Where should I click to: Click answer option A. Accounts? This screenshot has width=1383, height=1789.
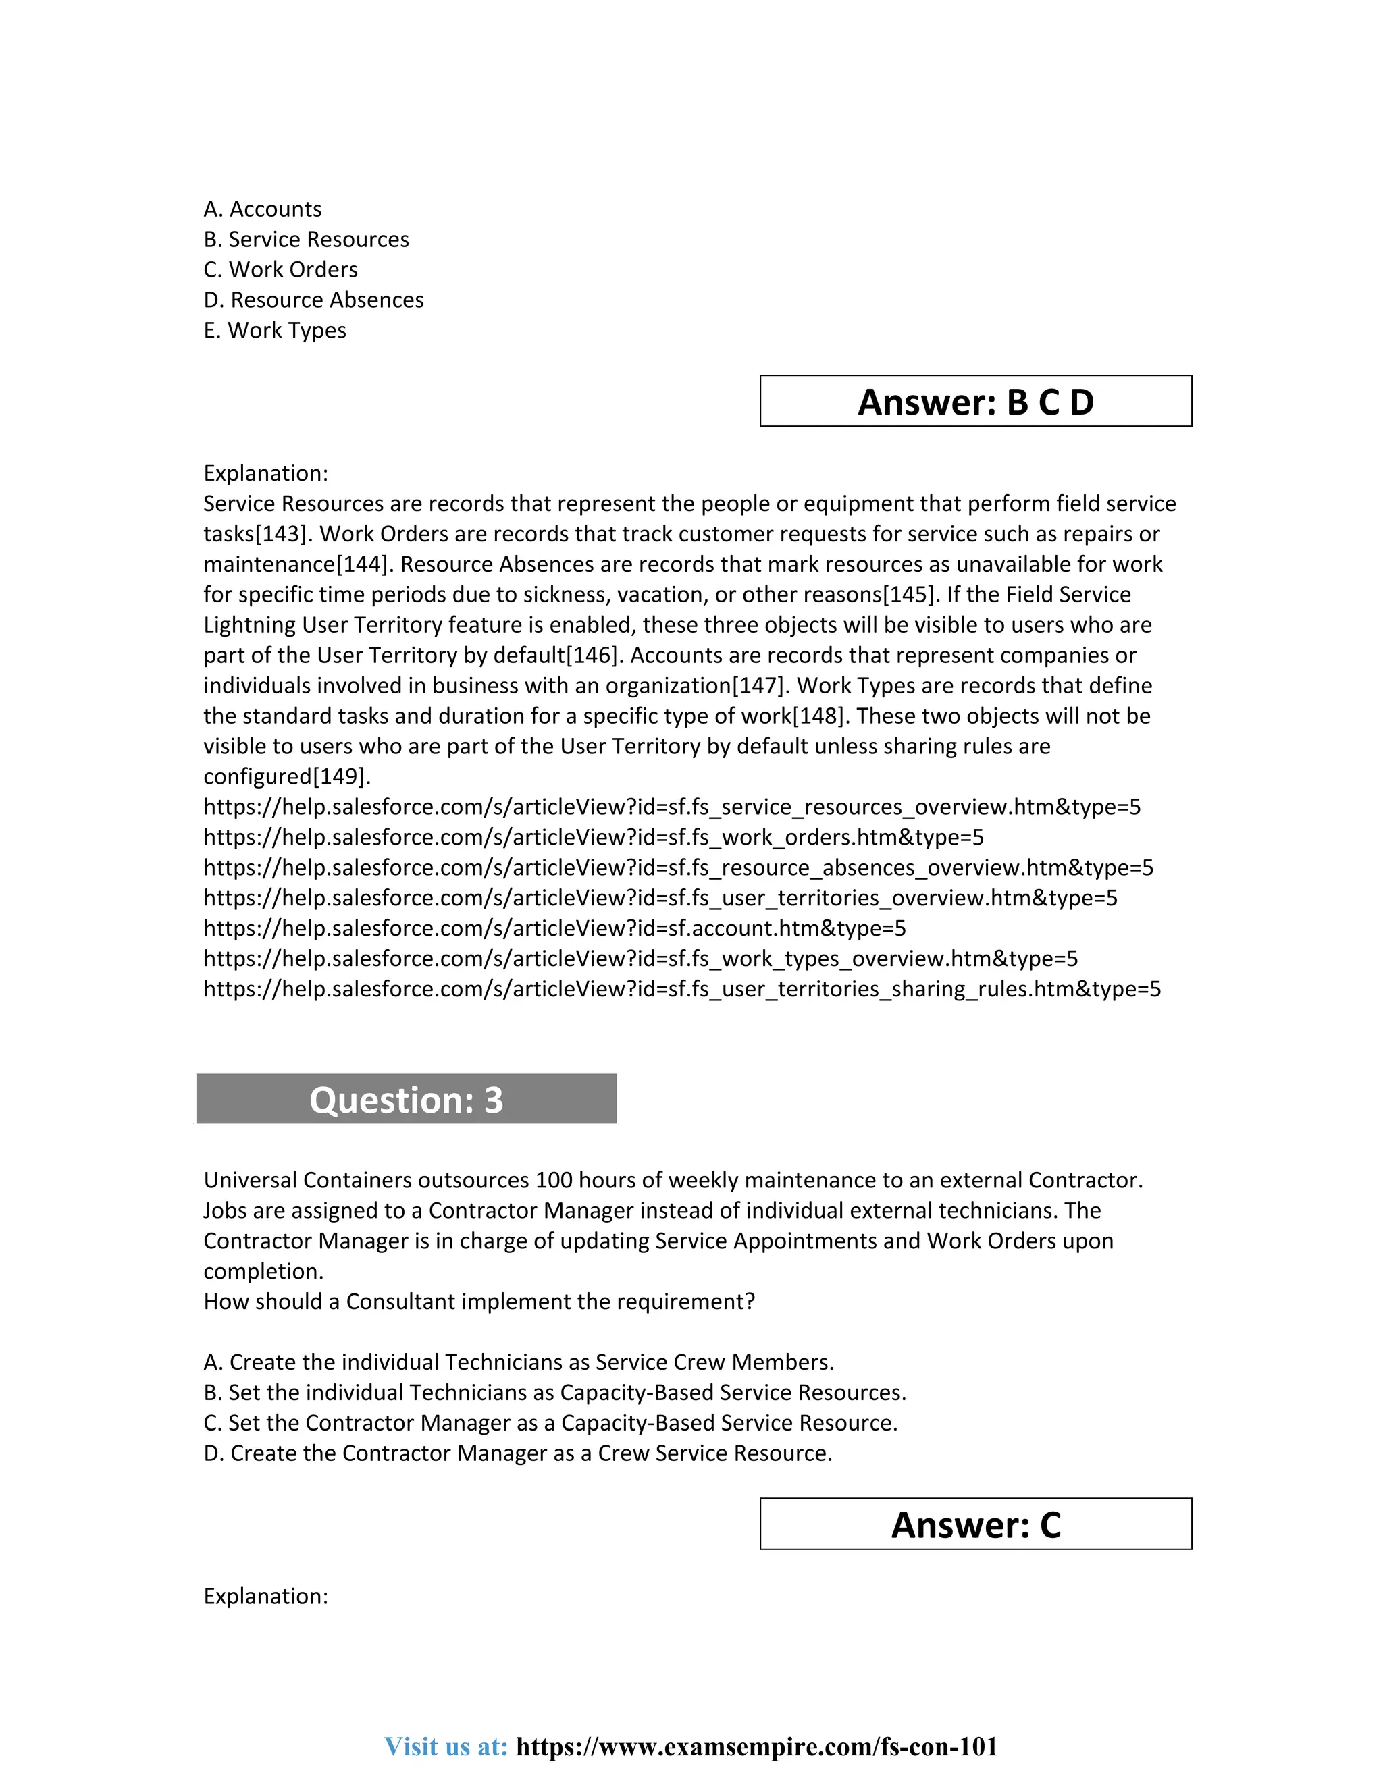tap(262, 210)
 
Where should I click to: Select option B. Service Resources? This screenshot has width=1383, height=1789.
tap(306, 240)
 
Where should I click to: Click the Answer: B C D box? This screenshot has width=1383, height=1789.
tap(975, 402)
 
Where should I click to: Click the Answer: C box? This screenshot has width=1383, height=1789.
tap(975, 1524)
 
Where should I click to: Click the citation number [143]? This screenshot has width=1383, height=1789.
tap(284, 534)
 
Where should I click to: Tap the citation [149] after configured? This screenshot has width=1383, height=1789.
tap(341, 776)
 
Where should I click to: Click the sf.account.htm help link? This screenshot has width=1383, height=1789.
tap(554, 928)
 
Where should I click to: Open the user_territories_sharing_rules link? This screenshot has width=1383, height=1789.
tap(681, 989)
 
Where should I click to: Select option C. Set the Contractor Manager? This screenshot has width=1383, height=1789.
tap(550, 1423)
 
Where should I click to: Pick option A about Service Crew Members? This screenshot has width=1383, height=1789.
tap(518, 1362)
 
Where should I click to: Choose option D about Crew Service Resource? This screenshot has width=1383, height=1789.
tap(517, 1453)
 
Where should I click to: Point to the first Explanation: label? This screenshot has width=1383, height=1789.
tap(265, 473)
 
